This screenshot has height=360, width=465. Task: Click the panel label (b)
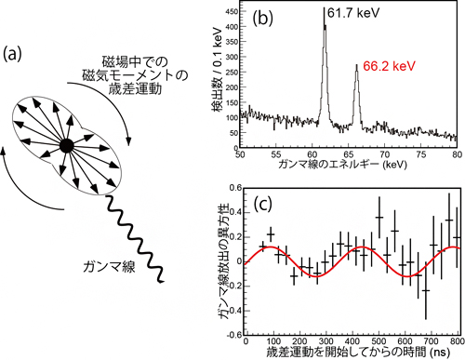(264, 19)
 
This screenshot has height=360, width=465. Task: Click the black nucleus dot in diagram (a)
(66, 145)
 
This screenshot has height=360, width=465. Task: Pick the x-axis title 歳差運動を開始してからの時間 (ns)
(347, 353)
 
